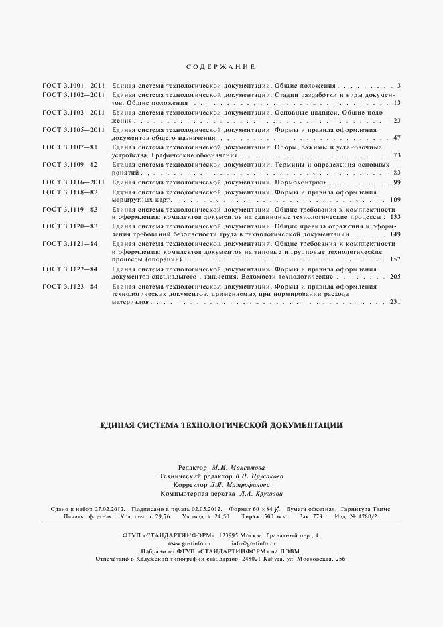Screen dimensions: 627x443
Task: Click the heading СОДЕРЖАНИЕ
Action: click(x=221, y=67)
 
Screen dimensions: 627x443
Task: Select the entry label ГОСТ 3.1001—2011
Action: click(x=74, y=86)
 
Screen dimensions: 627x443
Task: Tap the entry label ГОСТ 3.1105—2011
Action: click(x=74, y=129)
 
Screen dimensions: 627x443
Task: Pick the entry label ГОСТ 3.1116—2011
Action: click(x=74, y=182)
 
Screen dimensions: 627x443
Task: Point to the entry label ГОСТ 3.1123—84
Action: click(x=70, y=287)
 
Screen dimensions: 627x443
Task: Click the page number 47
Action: click(x=397, y=138)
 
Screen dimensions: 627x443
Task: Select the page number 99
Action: click(x=397, y=182)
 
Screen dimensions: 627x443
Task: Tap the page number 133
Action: click(x=395, y=217)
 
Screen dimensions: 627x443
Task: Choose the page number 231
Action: click(x=395, y=302)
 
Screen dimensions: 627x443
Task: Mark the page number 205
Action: click(x=395, y=276)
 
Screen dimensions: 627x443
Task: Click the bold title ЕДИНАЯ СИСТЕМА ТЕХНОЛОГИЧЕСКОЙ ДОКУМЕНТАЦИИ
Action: click(x=221, y=425)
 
